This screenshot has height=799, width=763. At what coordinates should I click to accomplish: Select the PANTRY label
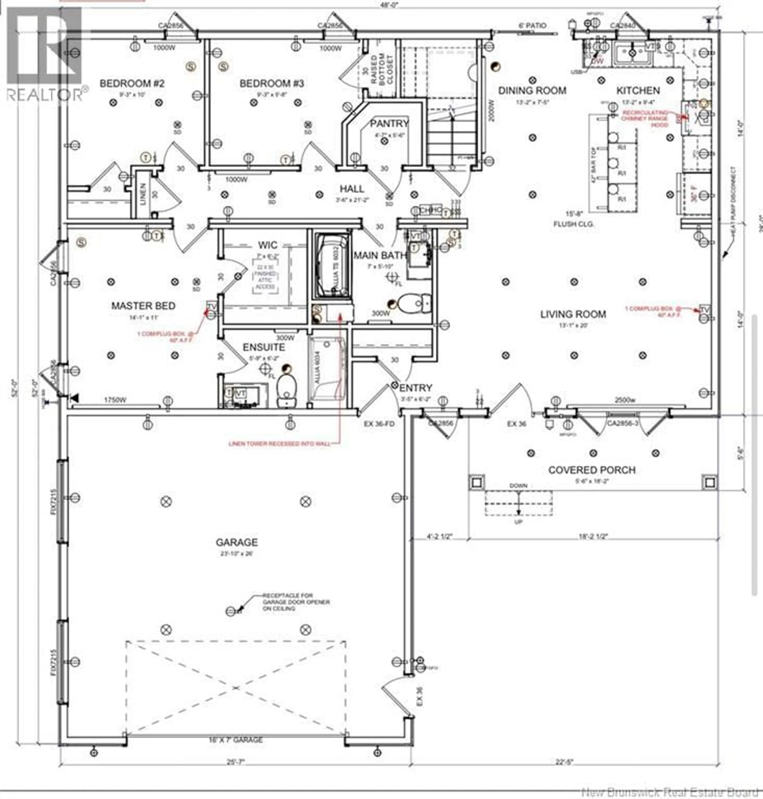389,123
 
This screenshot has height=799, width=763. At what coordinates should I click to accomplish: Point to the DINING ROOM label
532,90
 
